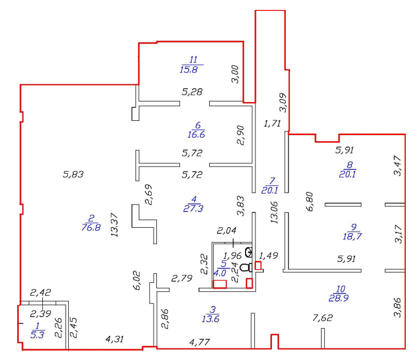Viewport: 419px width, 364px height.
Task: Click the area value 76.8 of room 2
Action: click(91, 227)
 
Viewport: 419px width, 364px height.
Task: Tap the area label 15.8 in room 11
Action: click(189, 69)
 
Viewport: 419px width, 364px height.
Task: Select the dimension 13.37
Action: click(115, 224)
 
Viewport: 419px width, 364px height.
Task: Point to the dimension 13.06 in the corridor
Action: click(274, 212)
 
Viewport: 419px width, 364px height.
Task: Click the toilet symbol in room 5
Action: click(247, 267)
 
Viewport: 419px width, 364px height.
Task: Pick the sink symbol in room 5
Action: click(249, 252)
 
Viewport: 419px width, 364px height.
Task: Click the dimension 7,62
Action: click(323, 318)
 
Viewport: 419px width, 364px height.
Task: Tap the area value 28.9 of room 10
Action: click(338, 298)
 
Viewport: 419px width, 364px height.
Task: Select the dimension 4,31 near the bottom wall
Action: click(115, 339)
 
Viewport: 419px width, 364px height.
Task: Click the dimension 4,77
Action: click(199, 342)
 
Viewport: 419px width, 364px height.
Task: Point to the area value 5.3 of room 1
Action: click(37, 335)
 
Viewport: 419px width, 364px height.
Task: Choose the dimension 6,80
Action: click(309, 201)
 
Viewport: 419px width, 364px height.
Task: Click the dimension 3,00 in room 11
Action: click(235, 74)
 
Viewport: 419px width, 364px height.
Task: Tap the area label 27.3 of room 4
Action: click(193, 208)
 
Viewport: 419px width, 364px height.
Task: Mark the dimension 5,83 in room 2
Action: click(73, 174)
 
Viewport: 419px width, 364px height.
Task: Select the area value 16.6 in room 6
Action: click(196, 134)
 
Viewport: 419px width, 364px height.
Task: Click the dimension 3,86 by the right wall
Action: click(398, 307)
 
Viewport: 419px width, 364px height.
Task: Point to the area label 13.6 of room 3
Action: click(210, 319)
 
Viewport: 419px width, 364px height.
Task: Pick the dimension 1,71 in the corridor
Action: click(273, 123)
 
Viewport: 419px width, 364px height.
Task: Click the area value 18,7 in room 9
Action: click(352, 237)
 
